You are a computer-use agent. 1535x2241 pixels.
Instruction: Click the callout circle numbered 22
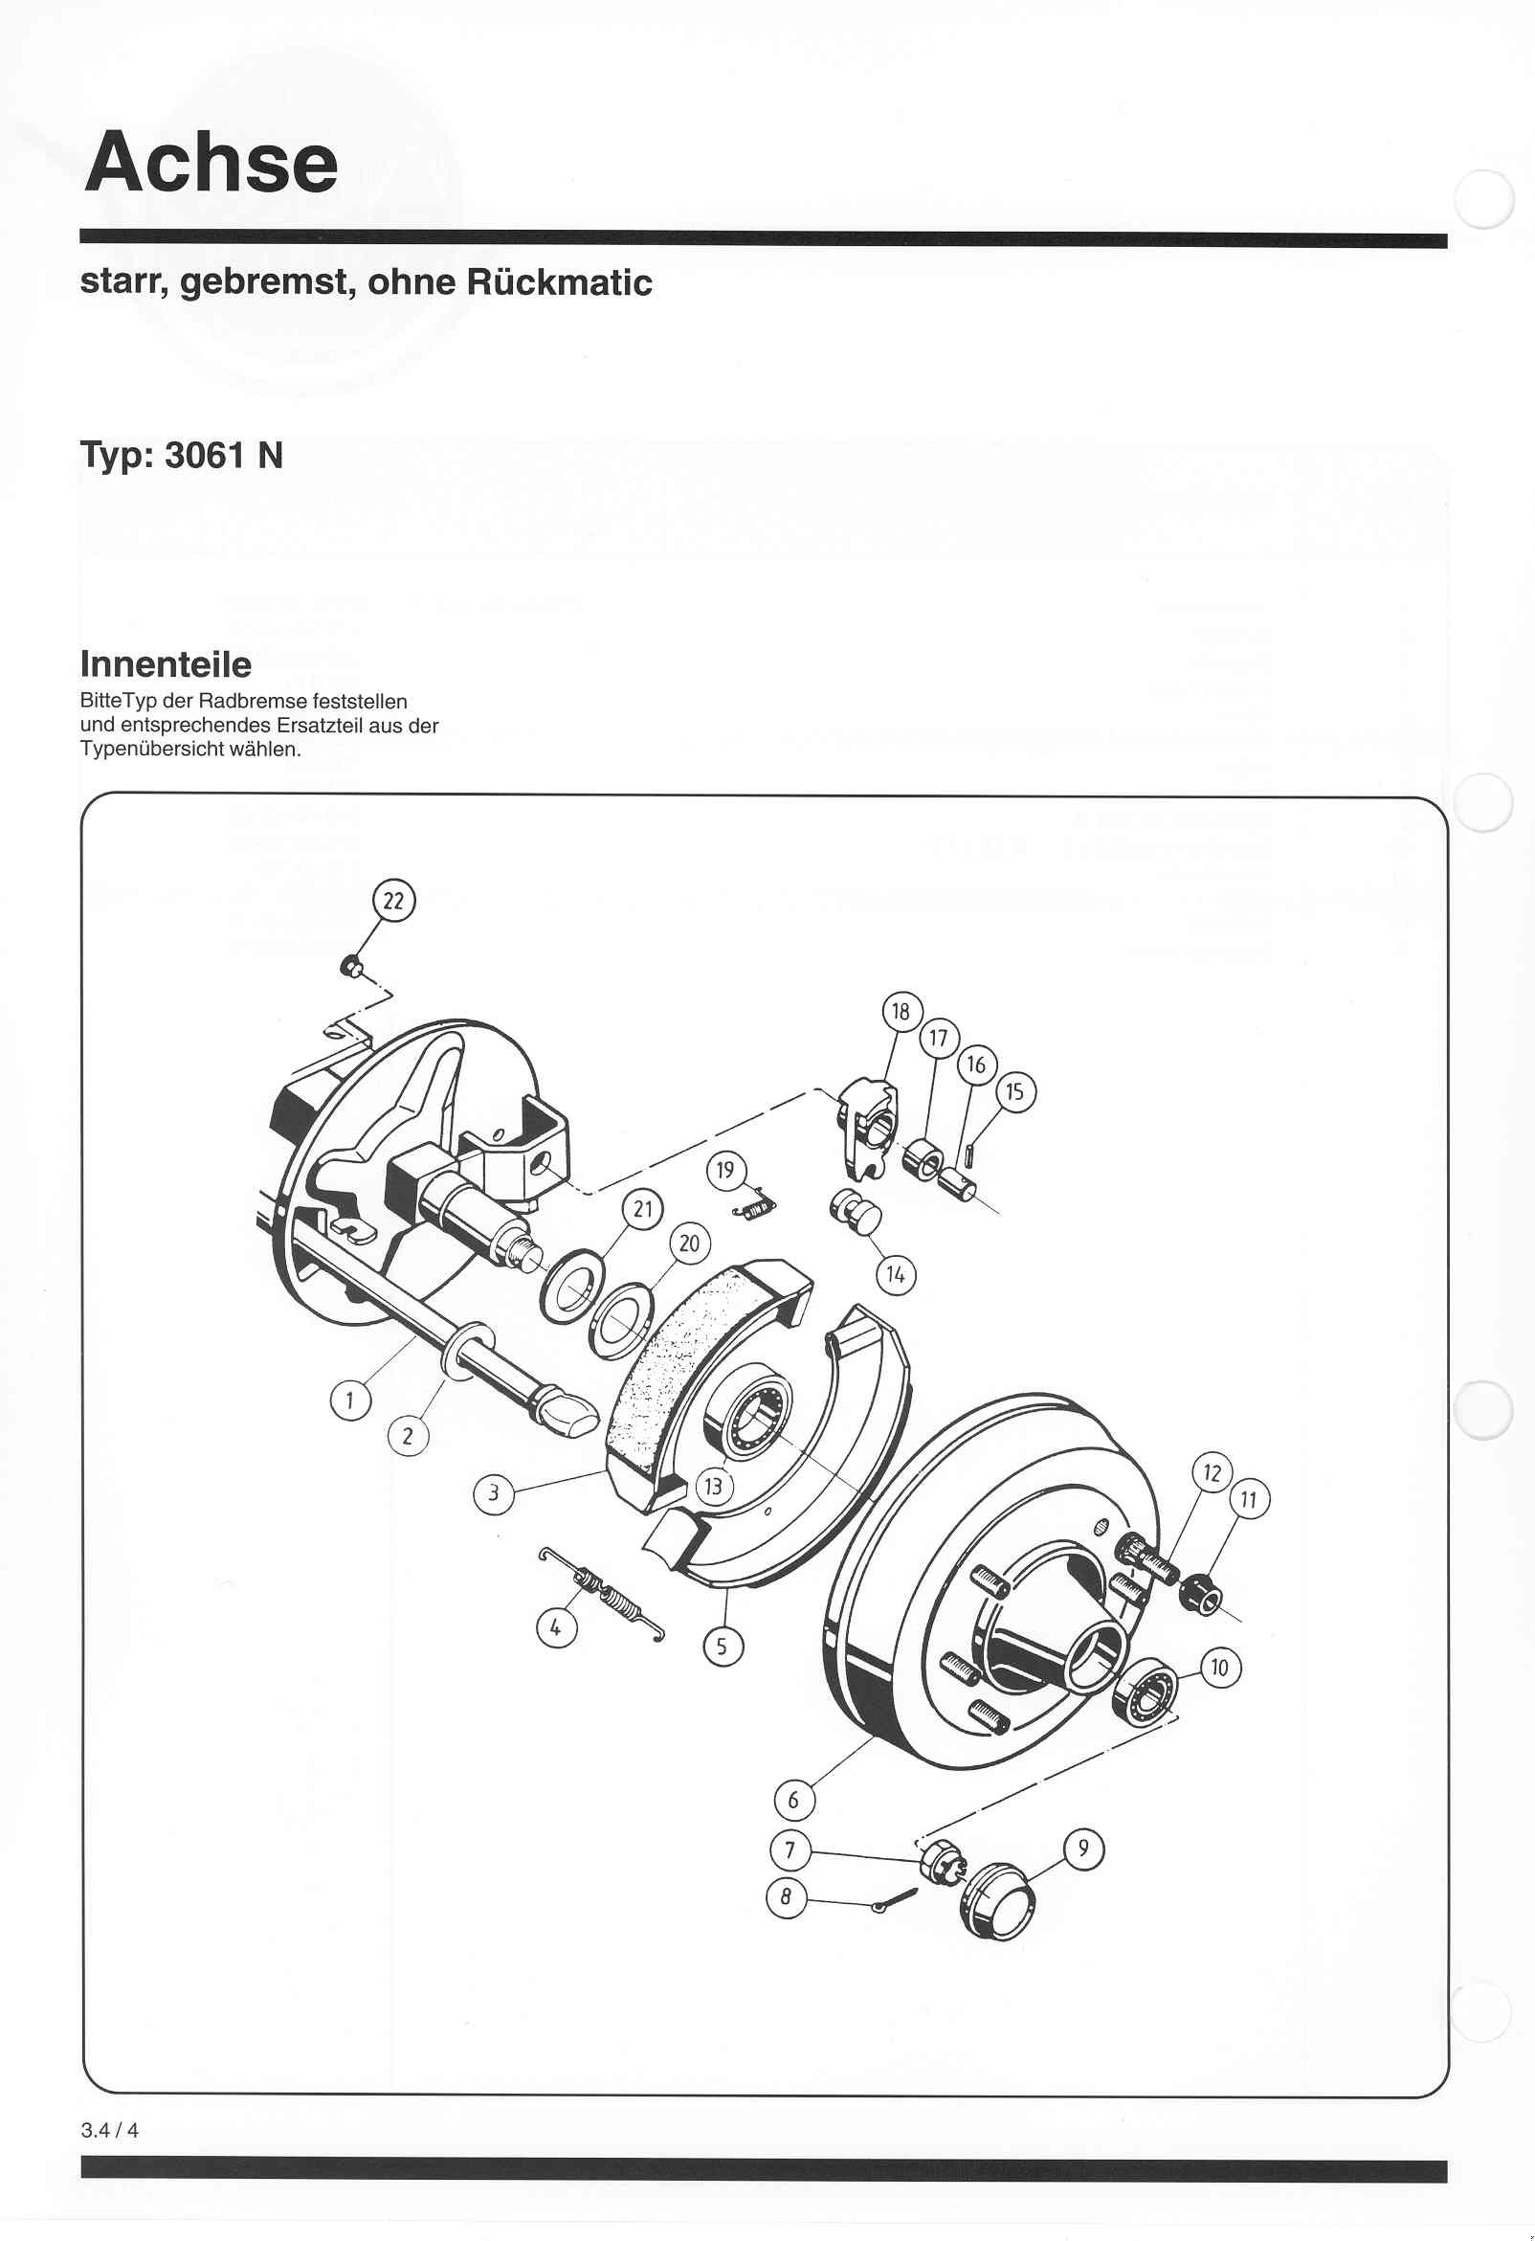point(393,901)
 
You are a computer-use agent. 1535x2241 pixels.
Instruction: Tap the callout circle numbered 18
point(901,1012)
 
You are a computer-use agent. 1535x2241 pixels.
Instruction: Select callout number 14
point(896,1276)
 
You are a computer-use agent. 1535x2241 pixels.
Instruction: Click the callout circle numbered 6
point(793,1801)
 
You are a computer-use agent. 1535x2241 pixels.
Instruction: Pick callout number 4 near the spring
point(555,1628)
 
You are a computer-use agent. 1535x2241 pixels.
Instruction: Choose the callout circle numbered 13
point(714,1486)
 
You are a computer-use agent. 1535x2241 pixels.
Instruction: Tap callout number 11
point(1249,1499)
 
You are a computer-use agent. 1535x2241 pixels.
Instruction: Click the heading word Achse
point(211,162)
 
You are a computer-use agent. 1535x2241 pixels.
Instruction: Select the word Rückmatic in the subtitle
point(559,282)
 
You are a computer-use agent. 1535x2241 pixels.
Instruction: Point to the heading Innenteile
point(165,663)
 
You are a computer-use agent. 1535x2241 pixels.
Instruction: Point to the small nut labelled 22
point(353,964)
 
